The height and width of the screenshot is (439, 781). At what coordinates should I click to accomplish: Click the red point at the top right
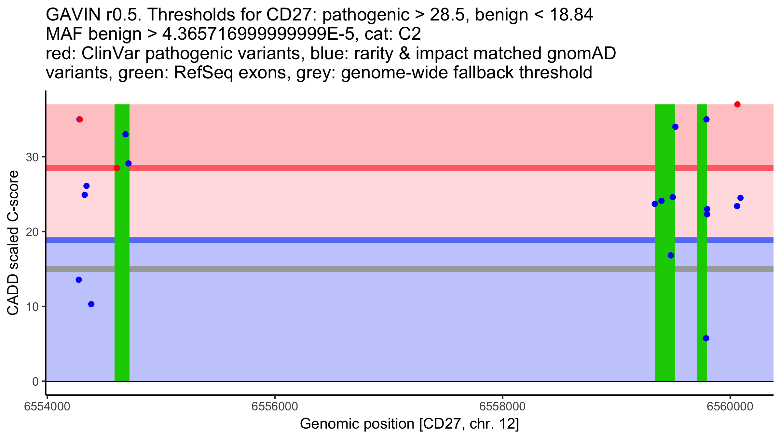point(737,104)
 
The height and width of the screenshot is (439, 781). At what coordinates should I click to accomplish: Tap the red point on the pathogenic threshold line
point(117,168)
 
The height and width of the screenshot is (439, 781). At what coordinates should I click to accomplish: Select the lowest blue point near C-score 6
point(706,338)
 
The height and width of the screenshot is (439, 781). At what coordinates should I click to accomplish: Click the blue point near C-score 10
point(91,304)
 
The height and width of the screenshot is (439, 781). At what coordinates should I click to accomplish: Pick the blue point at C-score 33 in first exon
point(125,134)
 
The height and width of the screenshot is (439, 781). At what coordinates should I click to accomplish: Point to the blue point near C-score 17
point(671,255)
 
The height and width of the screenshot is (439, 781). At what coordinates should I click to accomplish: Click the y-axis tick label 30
point(32,157)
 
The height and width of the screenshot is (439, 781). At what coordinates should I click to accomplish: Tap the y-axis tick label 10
point(32,307)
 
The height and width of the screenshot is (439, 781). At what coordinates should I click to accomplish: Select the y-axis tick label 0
point(35,381)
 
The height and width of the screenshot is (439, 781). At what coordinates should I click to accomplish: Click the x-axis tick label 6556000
point(275,406)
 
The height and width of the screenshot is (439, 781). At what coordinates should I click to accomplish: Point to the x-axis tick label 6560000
point(730,406)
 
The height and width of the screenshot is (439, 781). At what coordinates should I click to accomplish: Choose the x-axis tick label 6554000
point(48,406)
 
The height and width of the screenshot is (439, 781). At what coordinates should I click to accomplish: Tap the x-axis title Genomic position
point(409,424)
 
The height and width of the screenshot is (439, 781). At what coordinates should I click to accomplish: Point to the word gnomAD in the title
point(581,53)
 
